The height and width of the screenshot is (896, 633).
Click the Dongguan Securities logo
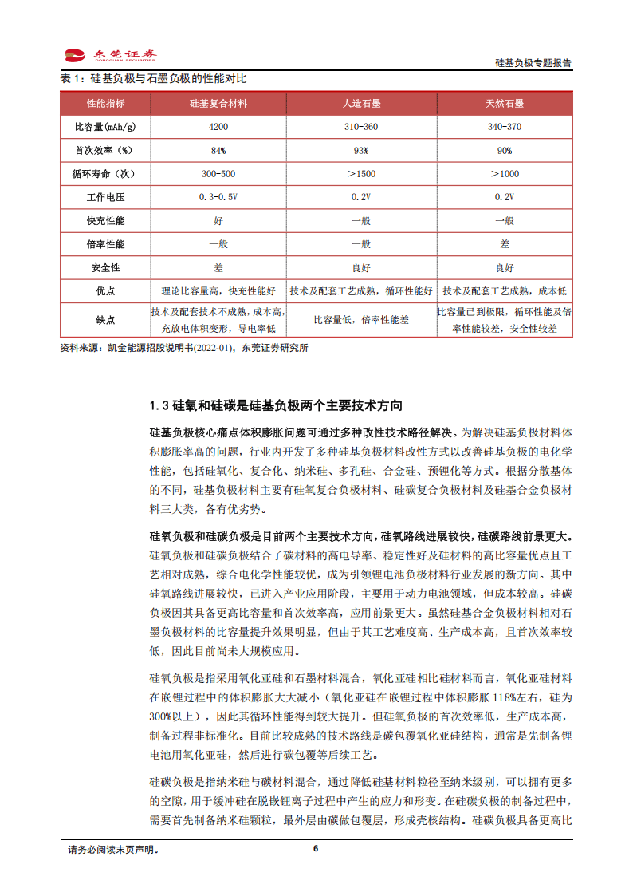(x=110, y=56)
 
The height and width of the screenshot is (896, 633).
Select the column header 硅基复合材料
(x=218, y=104)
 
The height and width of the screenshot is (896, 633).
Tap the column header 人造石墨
(x=360, y=104)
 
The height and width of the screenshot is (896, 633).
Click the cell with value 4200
(x=218, y=128)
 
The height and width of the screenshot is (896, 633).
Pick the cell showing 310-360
(x=360, y=128)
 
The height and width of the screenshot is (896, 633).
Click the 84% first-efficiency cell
(x=218, y=151)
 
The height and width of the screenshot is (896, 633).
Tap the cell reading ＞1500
(x=360, y=174)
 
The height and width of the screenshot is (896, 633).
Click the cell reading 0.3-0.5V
(x=218, y=197)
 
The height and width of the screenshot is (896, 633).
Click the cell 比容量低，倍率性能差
(x=360, y=319)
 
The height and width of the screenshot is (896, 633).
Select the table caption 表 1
(x=153, y=79)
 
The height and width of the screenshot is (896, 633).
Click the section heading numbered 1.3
(x=276, y=406)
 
